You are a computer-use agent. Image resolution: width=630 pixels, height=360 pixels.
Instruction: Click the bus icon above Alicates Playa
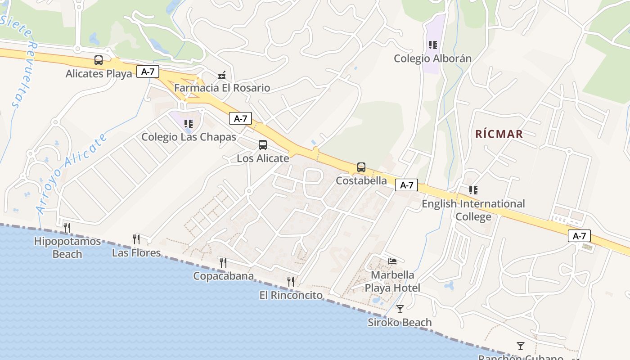coord(98,60)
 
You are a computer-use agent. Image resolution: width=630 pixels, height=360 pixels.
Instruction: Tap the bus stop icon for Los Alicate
coord(263,145)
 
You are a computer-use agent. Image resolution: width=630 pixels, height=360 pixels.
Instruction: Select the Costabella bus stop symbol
coord(361,167)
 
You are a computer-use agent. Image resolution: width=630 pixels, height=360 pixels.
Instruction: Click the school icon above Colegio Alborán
coord(433,45)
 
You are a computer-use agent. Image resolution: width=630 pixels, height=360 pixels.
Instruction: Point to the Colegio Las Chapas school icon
coord(189,123)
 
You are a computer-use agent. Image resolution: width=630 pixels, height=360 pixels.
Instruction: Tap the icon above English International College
coord(473,190)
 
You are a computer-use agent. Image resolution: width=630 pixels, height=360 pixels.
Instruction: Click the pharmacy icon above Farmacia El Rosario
coord(221,75)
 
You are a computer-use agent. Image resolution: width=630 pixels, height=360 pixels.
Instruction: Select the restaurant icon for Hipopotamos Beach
coord(67,228)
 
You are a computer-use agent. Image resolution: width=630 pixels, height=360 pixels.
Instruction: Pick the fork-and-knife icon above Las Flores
coord(136,239)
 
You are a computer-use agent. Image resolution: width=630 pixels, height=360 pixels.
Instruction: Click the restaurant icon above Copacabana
coord(223,262)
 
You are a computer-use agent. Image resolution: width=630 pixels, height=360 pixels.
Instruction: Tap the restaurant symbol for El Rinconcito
coord(291,282)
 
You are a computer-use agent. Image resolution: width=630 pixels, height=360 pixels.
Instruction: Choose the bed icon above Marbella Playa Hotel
coord(392,261)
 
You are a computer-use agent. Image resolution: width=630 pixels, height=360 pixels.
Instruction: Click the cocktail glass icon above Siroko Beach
coord(400,309)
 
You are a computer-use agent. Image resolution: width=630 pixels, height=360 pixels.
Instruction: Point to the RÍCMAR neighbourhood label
coord(499,134)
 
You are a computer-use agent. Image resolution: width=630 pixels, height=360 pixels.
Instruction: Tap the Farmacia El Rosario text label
coord(222,88)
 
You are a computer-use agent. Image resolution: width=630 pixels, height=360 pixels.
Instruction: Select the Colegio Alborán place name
coord(432,58)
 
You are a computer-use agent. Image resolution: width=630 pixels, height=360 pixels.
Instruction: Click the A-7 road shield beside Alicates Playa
coord(148,72)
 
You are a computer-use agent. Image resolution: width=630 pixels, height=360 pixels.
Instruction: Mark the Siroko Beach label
coord(400,323)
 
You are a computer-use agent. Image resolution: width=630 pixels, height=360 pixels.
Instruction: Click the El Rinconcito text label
coord(291,295)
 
